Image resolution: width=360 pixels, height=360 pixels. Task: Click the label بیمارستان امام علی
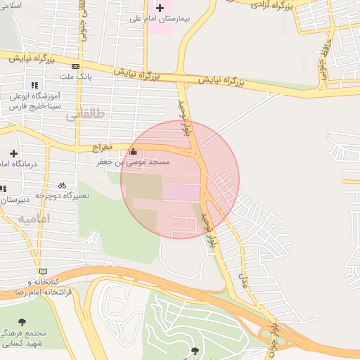coord(160,18)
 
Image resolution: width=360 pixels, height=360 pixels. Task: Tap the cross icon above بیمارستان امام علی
coord(160,7)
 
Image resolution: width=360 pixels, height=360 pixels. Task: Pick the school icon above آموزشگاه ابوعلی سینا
coord(35,84)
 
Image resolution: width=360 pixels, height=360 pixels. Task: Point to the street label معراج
coord(103,148)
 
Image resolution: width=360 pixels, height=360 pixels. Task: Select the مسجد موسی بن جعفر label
coord(134,162)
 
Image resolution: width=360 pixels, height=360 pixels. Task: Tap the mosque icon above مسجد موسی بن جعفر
coord(134,152)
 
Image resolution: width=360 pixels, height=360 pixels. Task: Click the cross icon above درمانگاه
coord(13,153)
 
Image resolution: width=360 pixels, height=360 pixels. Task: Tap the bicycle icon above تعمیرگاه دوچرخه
coord(62,185)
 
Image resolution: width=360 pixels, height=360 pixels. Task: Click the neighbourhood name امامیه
coord(34,219)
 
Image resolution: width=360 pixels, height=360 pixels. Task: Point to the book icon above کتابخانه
coord(44,271)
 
